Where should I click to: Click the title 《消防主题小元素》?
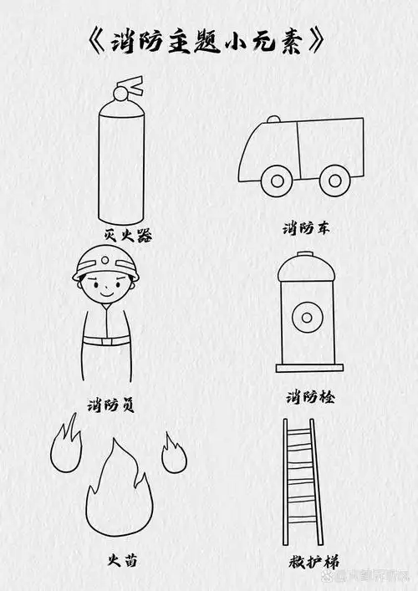point(205,43)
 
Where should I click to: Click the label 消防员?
point(111,405)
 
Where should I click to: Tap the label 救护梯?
point(302,560)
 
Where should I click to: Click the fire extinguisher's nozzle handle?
point(130,84)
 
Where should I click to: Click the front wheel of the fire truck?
point(273,180)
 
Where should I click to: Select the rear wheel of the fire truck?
point(335,180)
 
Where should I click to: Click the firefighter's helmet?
point(104,264)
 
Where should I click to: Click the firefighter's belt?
point(106,339)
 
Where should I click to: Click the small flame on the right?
point(173,453)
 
